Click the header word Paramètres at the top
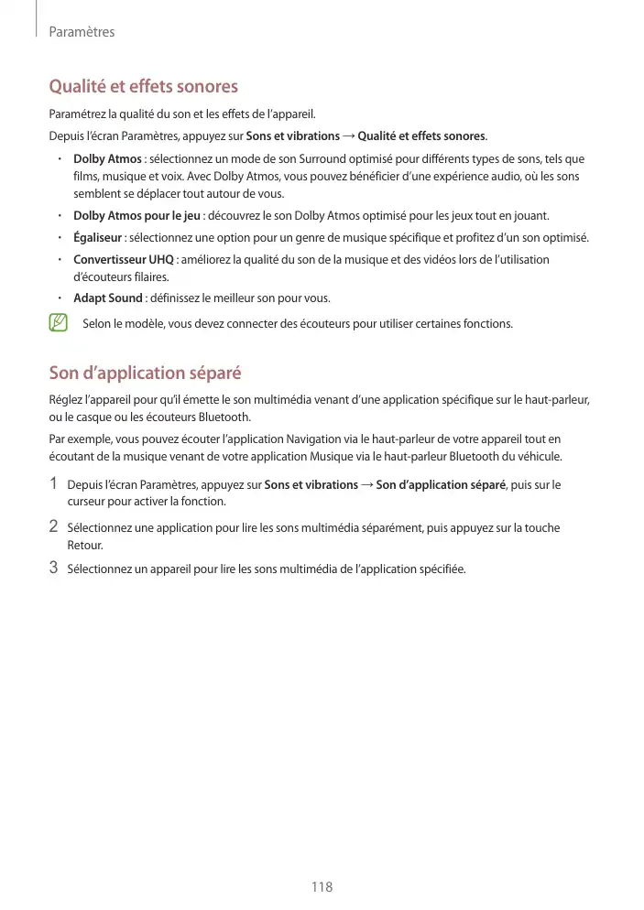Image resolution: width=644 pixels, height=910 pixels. click(82, 32)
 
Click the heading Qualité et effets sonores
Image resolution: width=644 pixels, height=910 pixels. click(143, 87)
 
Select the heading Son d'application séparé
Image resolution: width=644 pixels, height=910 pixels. click(145, 373)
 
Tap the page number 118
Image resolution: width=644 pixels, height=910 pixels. click(322, 887)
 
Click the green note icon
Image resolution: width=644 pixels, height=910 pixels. click(59, 322)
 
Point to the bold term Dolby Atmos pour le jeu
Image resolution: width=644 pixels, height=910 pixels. click(136, 216)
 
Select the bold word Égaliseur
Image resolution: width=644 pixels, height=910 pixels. click(98, 238)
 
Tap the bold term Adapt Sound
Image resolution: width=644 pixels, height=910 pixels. click(107, 298)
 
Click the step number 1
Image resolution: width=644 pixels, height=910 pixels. click(54, 483)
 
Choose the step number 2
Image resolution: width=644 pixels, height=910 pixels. click(54, 527)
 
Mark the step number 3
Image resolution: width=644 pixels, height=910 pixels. click(54, 568)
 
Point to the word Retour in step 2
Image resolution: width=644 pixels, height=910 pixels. click(85, 546)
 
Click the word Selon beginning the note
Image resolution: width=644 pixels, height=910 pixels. click(96, 323)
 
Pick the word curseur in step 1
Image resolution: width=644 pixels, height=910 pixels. click(88, 502)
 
